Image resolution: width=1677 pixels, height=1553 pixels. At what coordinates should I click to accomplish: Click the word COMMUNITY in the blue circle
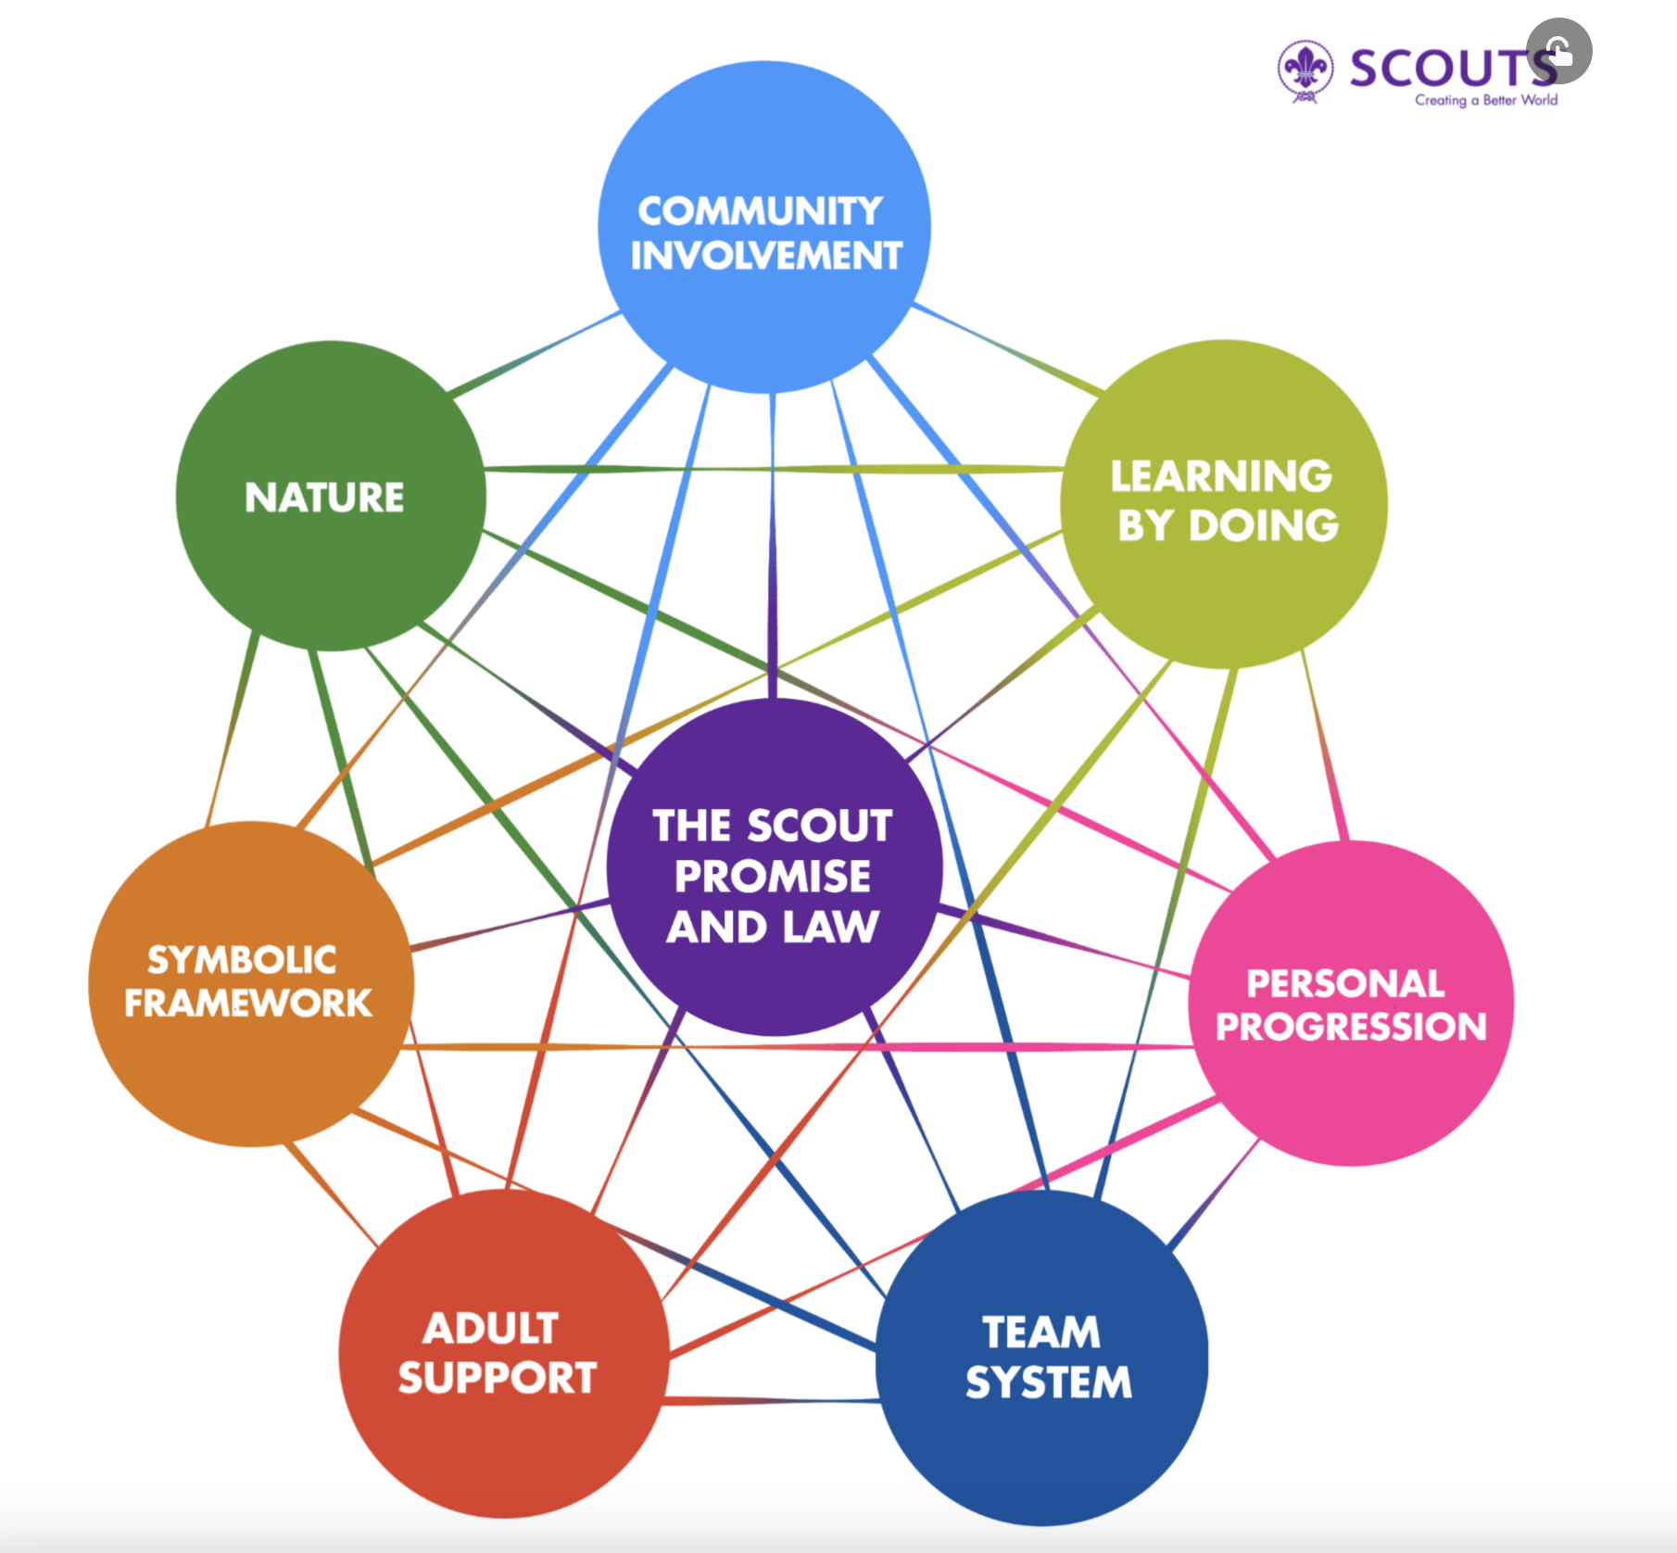760,211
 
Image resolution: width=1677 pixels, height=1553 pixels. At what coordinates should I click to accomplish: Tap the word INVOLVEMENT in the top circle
766,256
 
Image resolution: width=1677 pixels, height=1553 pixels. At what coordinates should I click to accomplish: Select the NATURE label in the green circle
324,498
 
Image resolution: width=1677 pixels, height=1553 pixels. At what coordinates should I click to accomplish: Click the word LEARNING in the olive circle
1221,476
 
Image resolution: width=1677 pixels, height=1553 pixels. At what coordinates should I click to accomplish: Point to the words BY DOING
1228,525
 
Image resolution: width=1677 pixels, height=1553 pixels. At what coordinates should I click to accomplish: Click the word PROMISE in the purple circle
773,876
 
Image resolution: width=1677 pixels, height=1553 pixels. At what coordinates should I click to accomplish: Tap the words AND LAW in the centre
773,927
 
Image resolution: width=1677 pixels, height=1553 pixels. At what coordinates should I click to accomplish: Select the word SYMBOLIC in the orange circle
242,960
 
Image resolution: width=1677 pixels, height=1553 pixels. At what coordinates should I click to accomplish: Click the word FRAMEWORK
248,1004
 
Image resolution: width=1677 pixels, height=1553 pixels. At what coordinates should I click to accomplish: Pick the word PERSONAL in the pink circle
1345,983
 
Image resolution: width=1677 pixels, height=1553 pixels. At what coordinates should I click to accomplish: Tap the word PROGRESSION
1351,1027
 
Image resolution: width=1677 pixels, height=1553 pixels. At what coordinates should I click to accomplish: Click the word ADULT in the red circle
490,1328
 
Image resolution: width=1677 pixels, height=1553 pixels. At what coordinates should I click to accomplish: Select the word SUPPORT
498,1378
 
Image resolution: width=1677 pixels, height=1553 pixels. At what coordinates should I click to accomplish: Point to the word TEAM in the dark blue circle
1041,1332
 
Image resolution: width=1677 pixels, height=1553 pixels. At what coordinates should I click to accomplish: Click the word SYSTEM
1049,1383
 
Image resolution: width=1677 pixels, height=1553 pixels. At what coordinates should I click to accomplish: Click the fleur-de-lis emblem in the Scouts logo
1305,69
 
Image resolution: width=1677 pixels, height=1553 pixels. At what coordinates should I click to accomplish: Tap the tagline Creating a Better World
1485,100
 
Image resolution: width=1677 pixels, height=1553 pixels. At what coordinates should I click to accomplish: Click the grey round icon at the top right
1559,51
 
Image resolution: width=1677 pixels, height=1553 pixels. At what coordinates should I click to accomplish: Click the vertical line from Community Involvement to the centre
773,547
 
